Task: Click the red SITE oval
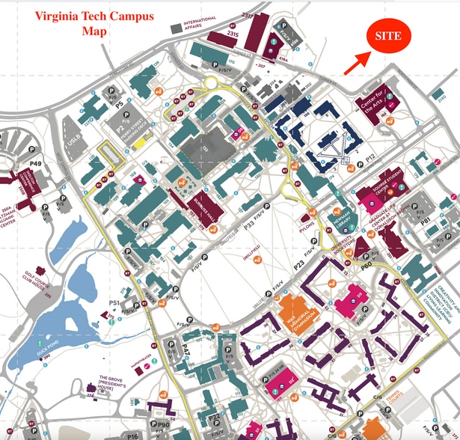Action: [387, 35]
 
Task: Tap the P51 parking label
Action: [115, 302]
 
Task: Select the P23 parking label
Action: [320, 263]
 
